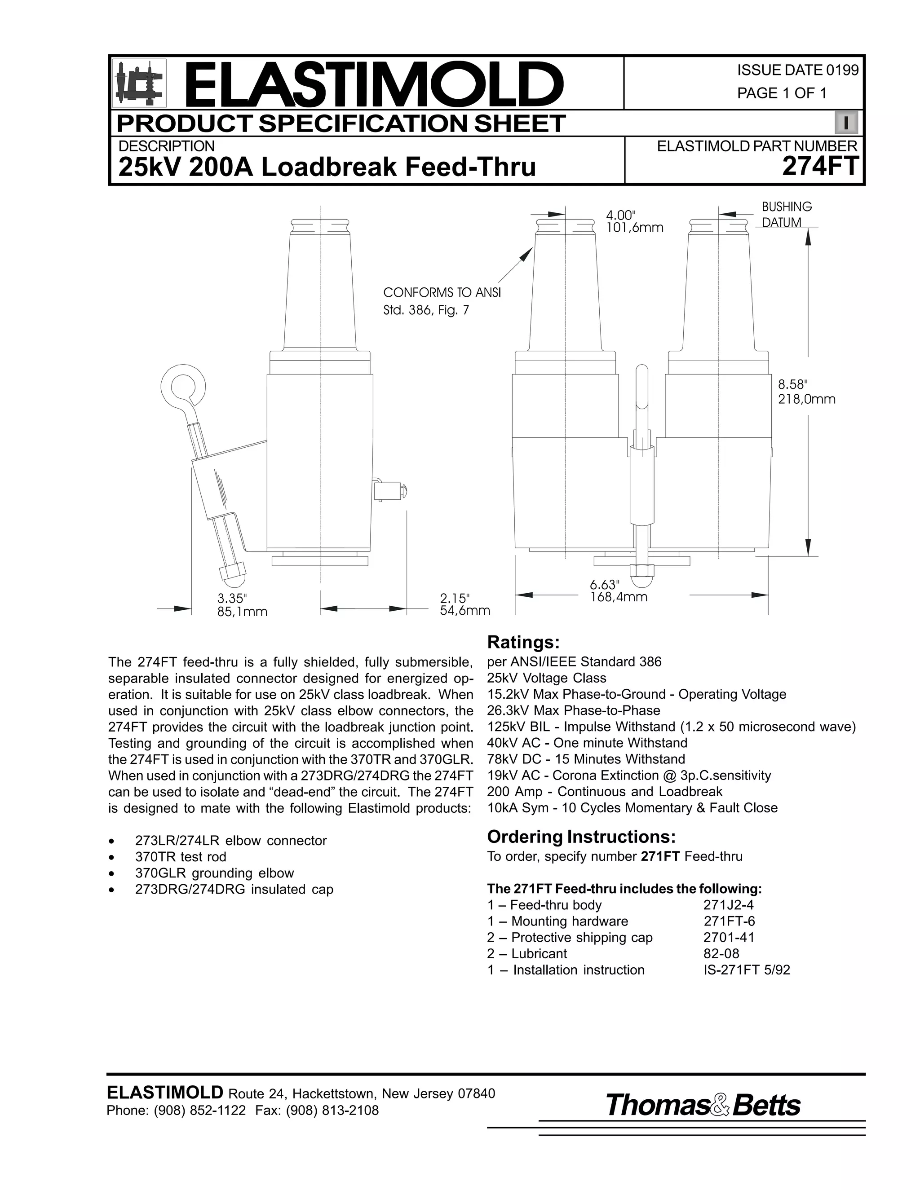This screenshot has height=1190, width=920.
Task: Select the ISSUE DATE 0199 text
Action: click(797, 71)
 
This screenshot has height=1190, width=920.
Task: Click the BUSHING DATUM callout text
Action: click(787, 215)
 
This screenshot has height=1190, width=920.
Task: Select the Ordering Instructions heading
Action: click(581, 837)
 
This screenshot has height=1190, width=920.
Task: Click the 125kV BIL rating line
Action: click(672, 727)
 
